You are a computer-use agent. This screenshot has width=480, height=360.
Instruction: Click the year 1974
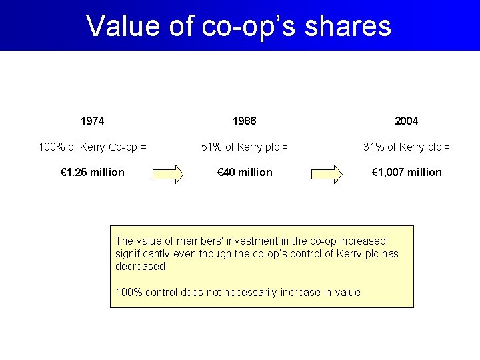pyautogui.click(x=92, y=121)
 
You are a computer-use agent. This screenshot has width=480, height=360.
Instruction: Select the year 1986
pyautogui.click(x=245, y=121)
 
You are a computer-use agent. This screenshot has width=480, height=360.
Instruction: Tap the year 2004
pyautogui.click(x=406, y=121)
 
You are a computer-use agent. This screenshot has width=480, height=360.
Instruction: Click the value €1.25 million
pyautogui.click(x=92, y=172)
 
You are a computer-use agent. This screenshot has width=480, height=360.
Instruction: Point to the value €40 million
pyautogui.click(x=245, y=172)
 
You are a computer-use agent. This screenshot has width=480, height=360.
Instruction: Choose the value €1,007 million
pyautogui.click(x=406, y=172)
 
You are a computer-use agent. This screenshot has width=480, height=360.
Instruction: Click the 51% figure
pyautogui.click(x=213, y=147)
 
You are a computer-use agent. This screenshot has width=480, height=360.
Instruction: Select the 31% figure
pyautogui.click(x=374, y=147)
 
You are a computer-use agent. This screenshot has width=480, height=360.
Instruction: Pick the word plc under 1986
pyautogui.click(x=271, y=147)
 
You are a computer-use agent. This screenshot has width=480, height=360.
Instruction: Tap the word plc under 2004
pyautogui.click(x=433, y=147)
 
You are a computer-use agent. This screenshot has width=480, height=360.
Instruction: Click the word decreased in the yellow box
pyautogui.click(x=140, y=266)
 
